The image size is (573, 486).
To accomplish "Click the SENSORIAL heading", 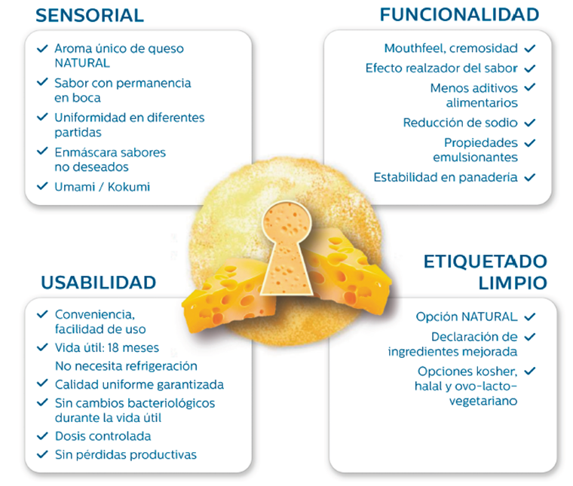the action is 90,15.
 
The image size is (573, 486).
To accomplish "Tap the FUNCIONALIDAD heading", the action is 459,14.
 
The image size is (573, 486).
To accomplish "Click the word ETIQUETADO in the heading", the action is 485,262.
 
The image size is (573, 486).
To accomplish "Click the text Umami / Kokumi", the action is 102,186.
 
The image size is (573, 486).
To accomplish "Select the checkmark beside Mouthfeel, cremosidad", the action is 529,48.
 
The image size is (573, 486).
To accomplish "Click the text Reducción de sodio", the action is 460,122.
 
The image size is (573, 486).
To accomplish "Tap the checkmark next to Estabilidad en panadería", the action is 529,177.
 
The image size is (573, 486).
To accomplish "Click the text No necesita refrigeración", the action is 126,366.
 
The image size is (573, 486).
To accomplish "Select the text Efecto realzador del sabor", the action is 441,68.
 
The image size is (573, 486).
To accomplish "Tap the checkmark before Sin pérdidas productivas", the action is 42,454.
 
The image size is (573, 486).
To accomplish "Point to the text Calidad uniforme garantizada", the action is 139,384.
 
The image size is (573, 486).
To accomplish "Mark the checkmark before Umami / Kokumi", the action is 42,186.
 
